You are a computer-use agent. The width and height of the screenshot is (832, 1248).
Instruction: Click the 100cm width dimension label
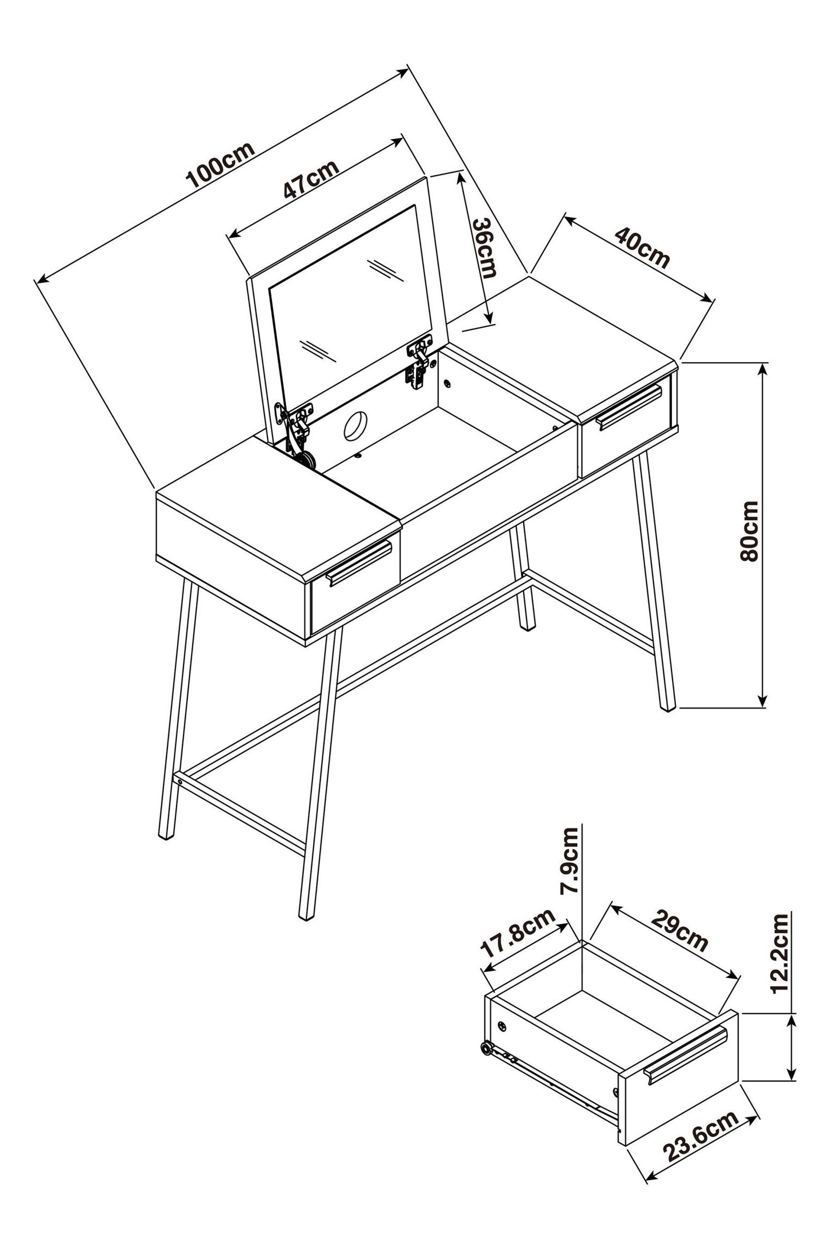220,165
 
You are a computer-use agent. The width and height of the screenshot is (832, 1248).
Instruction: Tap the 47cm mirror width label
310,178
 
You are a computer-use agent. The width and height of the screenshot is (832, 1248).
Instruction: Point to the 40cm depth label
642,247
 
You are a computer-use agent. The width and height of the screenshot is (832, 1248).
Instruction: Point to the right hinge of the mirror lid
419,362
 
